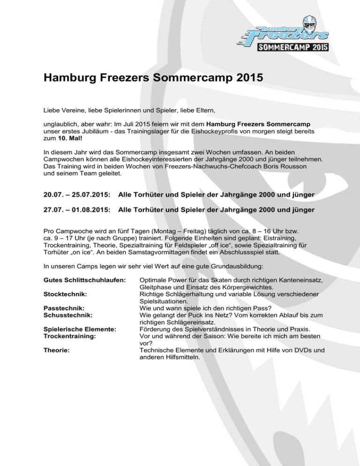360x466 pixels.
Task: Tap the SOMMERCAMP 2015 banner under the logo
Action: (x=293, y=47)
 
